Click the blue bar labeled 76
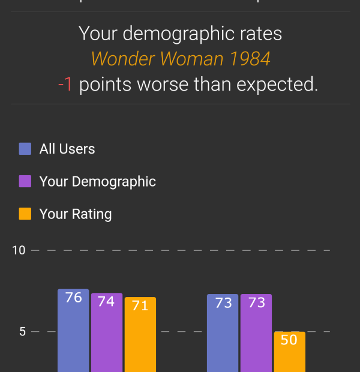pyautogui.click(x=73, y=331)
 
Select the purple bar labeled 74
pyautogui.click(x=107, y=332)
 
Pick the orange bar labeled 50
pyautogui.click(x=289, y=352)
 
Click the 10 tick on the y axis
pyautogui.click(x=19, y=250)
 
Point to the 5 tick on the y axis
pyautogui.click(x=23, y=331)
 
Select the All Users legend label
pyautogui.click(x=67, y=149)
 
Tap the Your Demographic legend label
pyautogui.click(x=98, y=181)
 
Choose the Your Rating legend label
pyautogui.click(x=76, y=214)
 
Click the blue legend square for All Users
pyautogui.click(x=25, y=149)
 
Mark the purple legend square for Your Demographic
pyautogui.click(x=25, y=181)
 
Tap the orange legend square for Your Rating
pyautogui.click(x=25, y=214)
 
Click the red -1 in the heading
pyautogui.click(x=65, y=85)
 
